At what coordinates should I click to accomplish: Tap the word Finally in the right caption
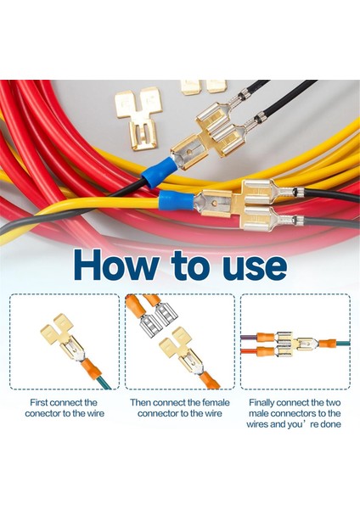pyautogui.click(x=267, y=402)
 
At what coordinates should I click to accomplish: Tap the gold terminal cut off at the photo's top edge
pyautogui.click(x=204, y=86)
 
